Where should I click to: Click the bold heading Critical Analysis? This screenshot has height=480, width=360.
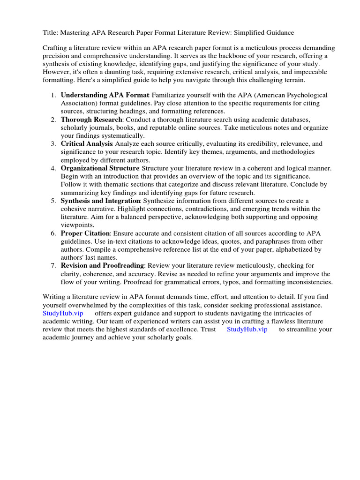pyautogui.click(x=86, y=144)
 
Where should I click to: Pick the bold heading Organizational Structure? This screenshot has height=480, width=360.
pyautogui.click(x=99, y=168)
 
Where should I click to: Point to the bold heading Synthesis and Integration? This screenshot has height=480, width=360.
pyautogui.click(x=100, y=201)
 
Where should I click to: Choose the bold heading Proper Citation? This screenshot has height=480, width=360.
pyautogui.click(x=85, y=233)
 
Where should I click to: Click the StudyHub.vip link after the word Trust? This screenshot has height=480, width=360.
pyautogui.click(x=247, y=329)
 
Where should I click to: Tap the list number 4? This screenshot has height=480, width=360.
pyautogui.click(x=53, y=168)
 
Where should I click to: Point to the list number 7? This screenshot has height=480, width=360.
pyautogui.click(x=53, y=266)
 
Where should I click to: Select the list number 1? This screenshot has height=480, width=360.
pyautogui.click(x=53, y=95)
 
